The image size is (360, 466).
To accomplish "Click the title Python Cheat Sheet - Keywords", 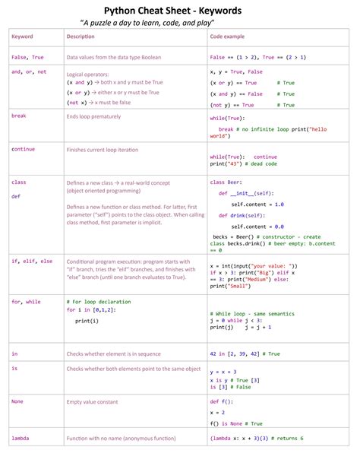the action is point(180,10).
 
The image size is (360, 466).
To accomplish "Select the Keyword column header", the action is point(22,36).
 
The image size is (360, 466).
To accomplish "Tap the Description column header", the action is point(81,36).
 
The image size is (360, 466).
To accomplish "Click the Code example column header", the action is point(228,36).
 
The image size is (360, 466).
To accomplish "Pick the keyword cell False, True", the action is point(27,57).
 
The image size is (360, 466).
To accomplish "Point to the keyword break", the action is point(19,116).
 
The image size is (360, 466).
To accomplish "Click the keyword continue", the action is point(24,149).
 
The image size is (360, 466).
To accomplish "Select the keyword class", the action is point(19,182).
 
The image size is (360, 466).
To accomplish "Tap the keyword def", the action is point(16,196).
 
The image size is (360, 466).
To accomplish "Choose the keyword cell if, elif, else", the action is point(32,262).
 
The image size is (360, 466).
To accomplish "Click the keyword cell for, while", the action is point(27,302).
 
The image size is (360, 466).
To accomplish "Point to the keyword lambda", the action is point(21,439).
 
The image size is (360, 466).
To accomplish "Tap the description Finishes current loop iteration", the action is point(107,150).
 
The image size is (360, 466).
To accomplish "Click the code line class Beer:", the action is point(228,182).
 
